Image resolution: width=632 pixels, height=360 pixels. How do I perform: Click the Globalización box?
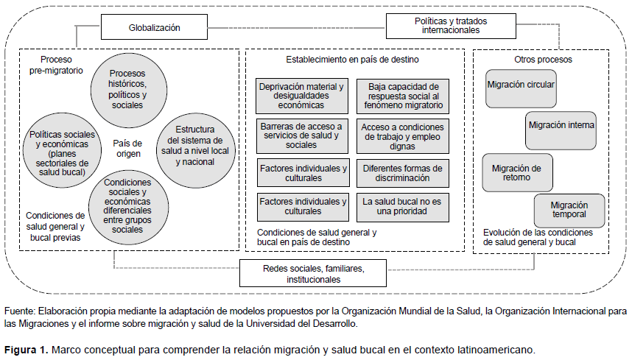coord(154,27)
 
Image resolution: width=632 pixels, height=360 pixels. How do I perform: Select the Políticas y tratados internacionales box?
coord(451,26)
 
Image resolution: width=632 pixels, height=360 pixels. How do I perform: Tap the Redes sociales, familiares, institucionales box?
coord(313,273)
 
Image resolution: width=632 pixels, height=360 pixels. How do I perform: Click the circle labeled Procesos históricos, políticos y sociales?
coord(129,89)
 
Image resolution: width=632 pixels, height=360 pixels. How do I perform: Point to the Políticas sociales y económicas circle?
coord(62,150)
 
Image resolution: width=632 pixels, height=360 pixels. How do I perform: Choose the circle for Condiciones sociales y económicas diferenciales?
coord(128,207)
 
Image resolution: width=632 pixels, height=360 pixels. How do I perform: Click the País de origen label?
coord(127,148)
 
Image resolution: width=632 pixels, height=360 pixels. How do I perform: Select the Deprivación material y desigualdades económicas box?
coord(302,96)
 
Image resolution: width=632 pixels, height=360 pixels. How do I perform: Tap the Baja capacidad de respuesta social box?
coord(403,96)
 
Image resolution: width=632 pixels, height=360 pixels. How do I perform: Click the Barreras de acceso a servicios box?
coord(302,136)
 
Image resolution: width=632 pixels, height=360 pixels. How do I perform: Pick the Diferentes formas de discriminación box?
coord(403,173)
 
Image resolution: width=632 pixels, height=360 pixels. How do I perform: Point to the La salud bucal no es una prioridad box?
coord(403,207)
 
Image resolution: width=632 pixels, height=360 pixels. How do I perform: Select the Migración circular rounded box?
coord(521,88)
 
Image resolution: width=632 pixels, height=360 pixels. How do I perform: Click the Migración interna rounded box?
coord(561,130)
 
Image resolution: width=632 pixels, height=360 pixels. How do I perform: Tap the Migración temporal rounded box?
coord(569,211)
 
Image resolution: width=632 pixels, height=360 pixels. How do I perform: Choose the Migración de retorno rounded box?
coord(517,172)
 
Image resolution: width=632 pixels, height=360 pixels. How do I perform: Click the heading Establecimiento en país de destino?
coord(352,60)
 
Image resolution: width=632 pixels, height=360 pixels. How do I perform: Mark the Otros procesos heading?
coord(543,60)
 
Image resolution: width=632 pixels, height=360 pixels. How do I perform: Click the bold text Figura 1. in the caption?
coord(26,350)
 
